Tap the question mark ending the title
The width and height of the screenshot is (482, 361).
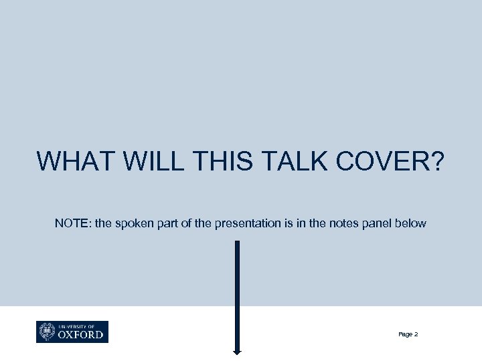pos(436,161)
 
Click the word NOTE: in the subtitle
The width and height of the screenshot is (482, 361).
pos(73,223)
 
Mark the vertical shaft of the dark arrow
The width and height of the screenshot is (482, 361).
pos(237,294)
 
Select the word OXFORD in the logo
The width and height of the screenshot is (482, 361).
pos(81,334)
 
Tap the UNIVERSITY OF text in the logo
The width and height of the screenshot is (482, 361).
pos(76,326)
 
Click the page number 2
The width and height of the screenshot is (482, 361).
pos(416,334)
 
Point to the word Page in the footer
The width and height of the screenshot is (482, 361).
pos(404,334)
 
